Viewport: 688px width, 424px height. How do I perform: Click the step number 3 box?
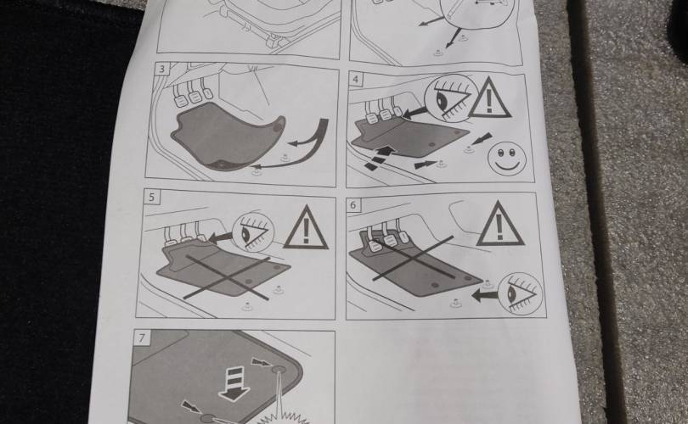coord(162,69)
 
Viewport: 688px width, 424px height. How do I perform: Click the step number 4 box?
coord(356,79)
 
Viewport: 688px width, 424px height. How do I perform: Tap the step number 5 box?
coord(152,197)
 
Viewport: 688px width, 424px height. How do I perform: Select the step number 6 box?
coord(353,204)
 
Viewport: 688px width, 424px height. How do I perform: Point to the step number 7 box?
coord(142,338)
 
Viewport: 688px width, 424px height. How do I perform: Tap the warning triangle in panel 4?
coord(490,99)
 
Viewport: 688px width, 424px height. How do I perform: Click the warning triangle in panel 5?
coord(306,228)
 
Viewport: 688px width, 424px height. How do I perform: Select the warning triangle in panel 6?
coord(499,225)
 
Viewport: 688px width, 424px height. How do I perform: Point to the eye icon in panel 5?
coord(253,233)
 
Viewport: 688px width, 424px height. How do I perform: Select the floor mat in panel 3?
coord(228,136)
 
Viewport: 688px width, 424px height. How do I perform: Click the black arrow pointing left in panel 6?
coord(485,296)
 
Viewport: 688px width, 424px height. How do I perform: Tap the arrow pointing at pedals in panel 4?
coord(415,113)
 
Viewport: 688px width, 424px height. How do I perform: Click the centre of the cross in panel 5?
coord(226,277)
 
